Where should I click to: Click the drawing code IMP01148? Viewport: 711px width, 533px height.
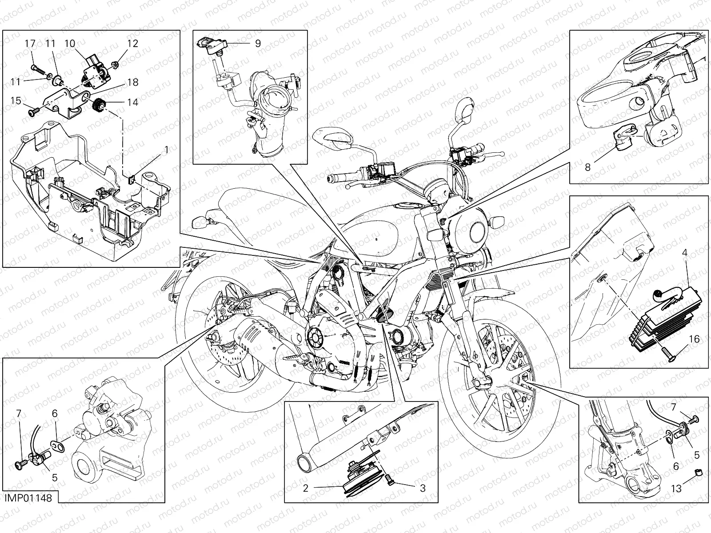(28, 498)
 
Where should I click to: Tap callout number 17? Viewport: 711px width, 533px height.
(30, 44)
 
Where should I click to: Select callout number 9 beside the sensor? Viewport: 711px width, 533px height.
(258, 44)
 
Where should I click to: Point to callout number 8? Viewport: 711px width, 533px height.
(587, 167)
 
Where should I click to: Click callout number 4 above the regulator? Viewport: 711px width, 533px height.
(684, 253)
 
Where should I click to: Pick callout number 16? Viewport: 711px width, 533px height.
(694, 339)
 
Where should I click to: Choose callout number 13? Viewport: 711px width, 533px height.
(676, 488)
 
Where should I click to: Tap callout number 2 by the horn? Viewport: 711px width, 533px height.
(305, 488)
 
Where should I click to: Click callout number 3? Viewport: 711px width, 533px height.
(423, 488)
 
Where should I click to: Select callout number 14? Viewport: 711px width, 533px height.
(132, 102)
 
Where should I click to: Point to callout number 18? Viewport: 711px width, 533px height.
(132, 82)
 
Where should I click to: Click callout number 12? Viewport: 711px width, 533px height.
(132, 44)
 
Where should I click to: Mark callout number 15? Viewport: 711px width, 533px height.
(16, 101)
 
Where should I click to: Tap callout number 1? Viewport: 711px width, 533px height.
(167, 150)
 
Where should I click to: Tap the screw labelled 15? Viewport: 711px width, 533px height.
(33, 111)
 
